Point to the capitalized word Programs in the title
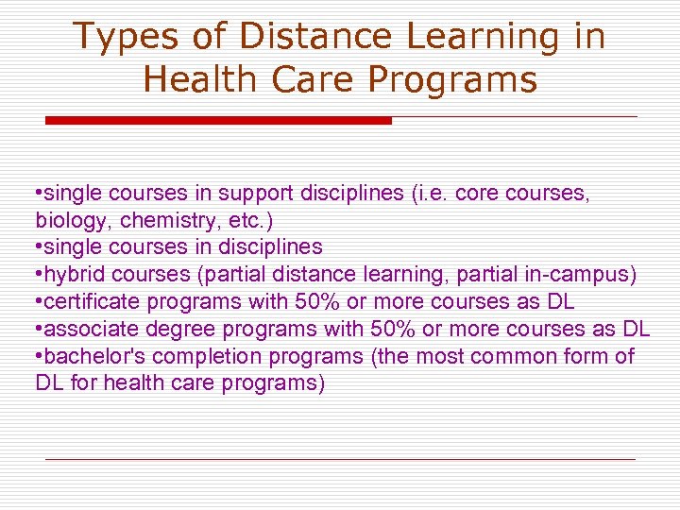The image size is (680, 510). pyautogui.click(x=452, y=79)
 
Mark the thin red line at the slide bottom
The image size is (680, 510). pyautogui.click(x=340, y=459)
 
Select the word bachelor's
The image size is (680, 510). pyautogui.click(x=90, y=357)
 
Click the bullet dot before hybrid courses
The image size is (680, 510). pyautogui.click(x=38, y=275)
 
